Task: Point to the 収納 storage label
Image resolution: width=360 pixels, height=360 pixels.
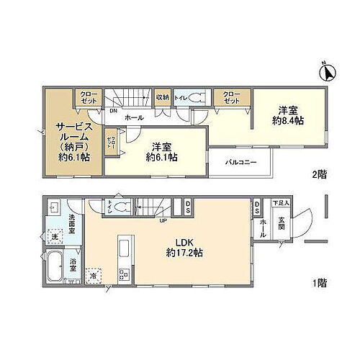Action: (162, 97)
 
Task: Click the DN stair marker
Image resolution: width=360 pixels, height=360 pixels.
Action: (113, 111)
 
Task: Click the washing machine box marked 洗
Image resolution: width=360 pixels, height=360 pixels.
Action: (53, 236)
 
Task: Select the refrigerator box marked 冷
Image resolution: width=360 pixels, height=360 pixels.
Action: (94, 274)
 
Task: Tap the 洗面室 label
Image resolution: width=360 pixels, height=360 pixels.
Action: (76, 217)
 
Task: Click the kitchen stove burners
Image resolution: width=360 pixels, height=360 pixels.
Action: (123, 274)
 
